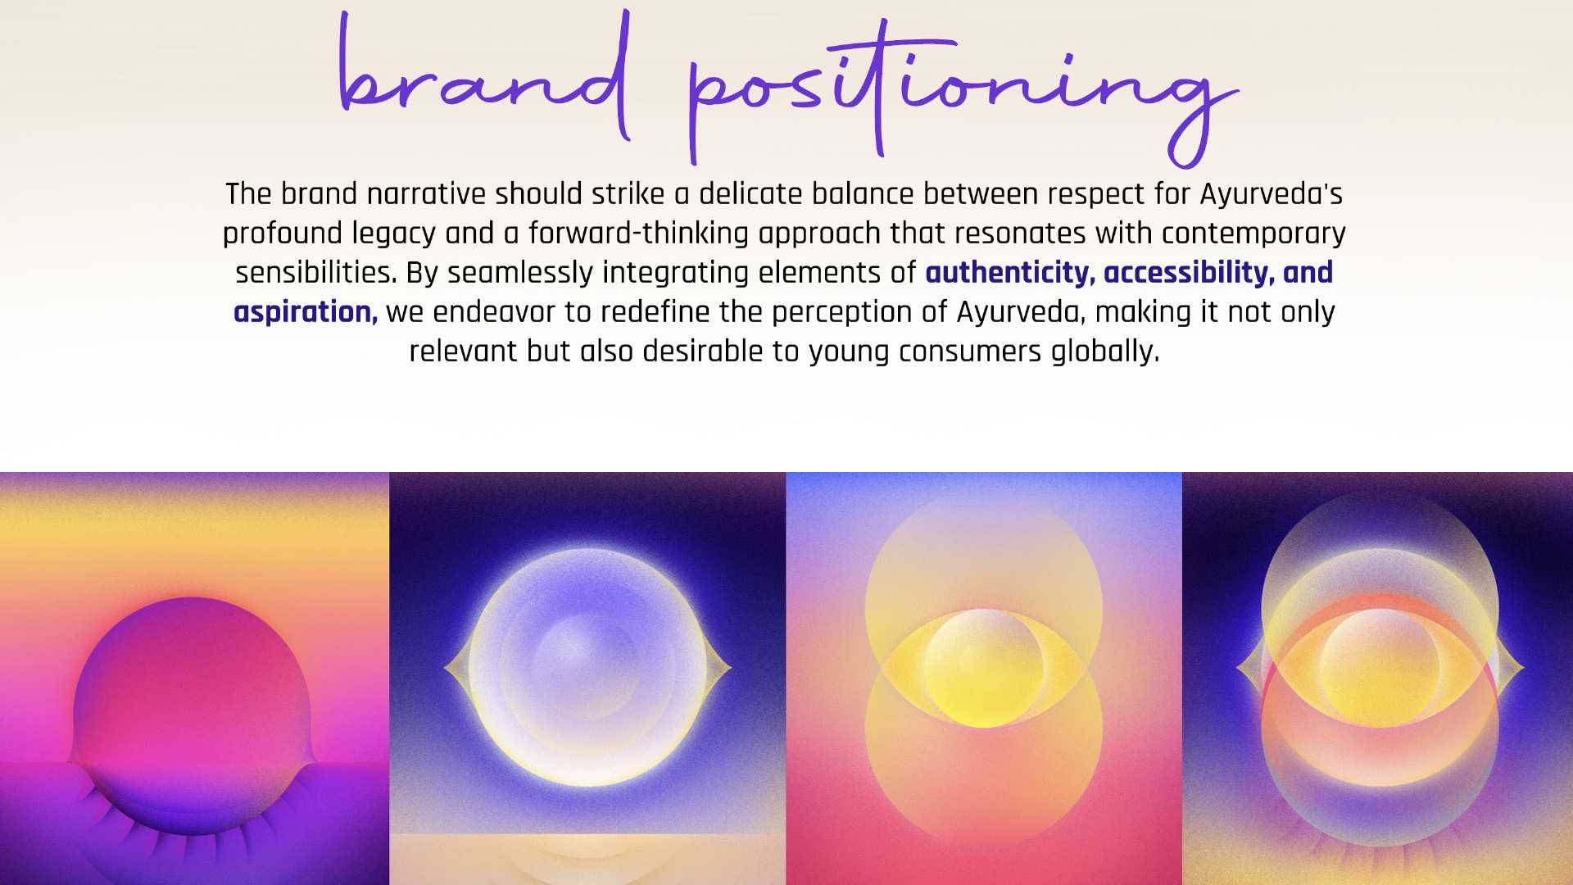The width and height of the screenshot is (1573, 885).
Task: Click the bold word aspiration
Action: click(306, 313)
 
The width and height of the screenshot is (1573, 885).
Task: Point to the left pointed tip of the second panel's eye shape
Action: click(445, 668)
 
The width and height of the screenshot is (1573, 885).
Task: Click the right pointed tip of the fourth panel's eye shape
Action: click(1523, 669)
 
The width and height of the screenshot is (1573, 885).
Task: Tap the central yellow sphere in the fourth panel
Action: click(1380, 667)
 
